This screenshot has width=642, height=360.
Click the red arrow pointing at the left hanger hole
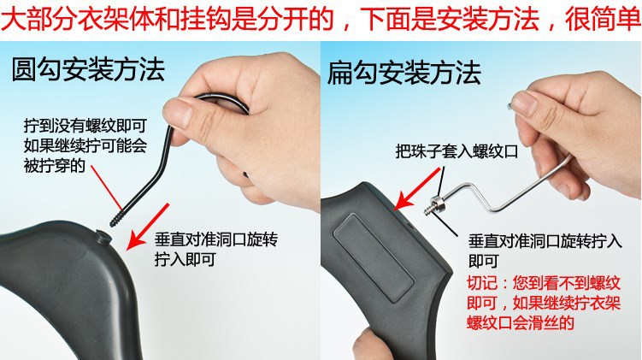[x=142, y=232]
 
